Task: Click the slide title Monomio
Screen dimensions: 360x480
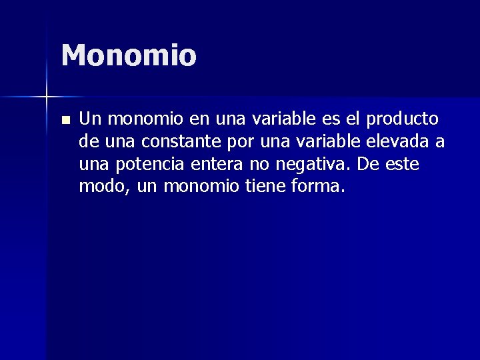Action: [129, 56]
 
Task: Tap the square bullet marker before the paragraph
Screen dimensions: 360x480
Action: [64, 121]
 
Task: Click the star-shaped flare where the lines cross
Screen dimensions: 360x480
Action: [47, 97]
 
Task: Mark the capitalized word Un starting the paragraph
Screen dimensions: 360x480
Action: [89, 119]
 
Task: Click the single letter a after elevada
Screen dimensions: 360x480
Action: [440, 142]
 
